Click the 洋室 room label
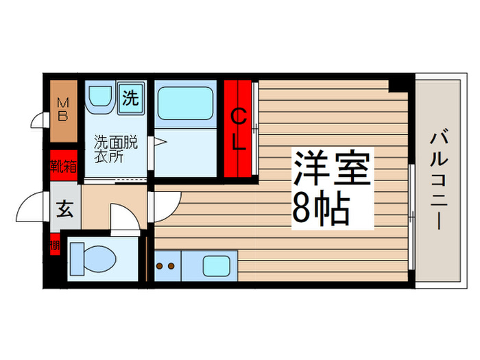click(x=333, y=168)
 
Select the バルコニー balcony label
click(x=437, y=182)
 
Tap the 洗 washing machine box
click(x=130, y=97)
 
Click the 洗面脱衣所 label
click(x=116, y=149)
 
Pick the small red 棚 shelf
click(x=54, y=243)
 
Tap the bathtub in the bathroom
click(x=184, y=103)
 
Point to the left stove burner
click(x=158, y=263)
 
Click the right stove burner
click(x=169, y=263)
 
